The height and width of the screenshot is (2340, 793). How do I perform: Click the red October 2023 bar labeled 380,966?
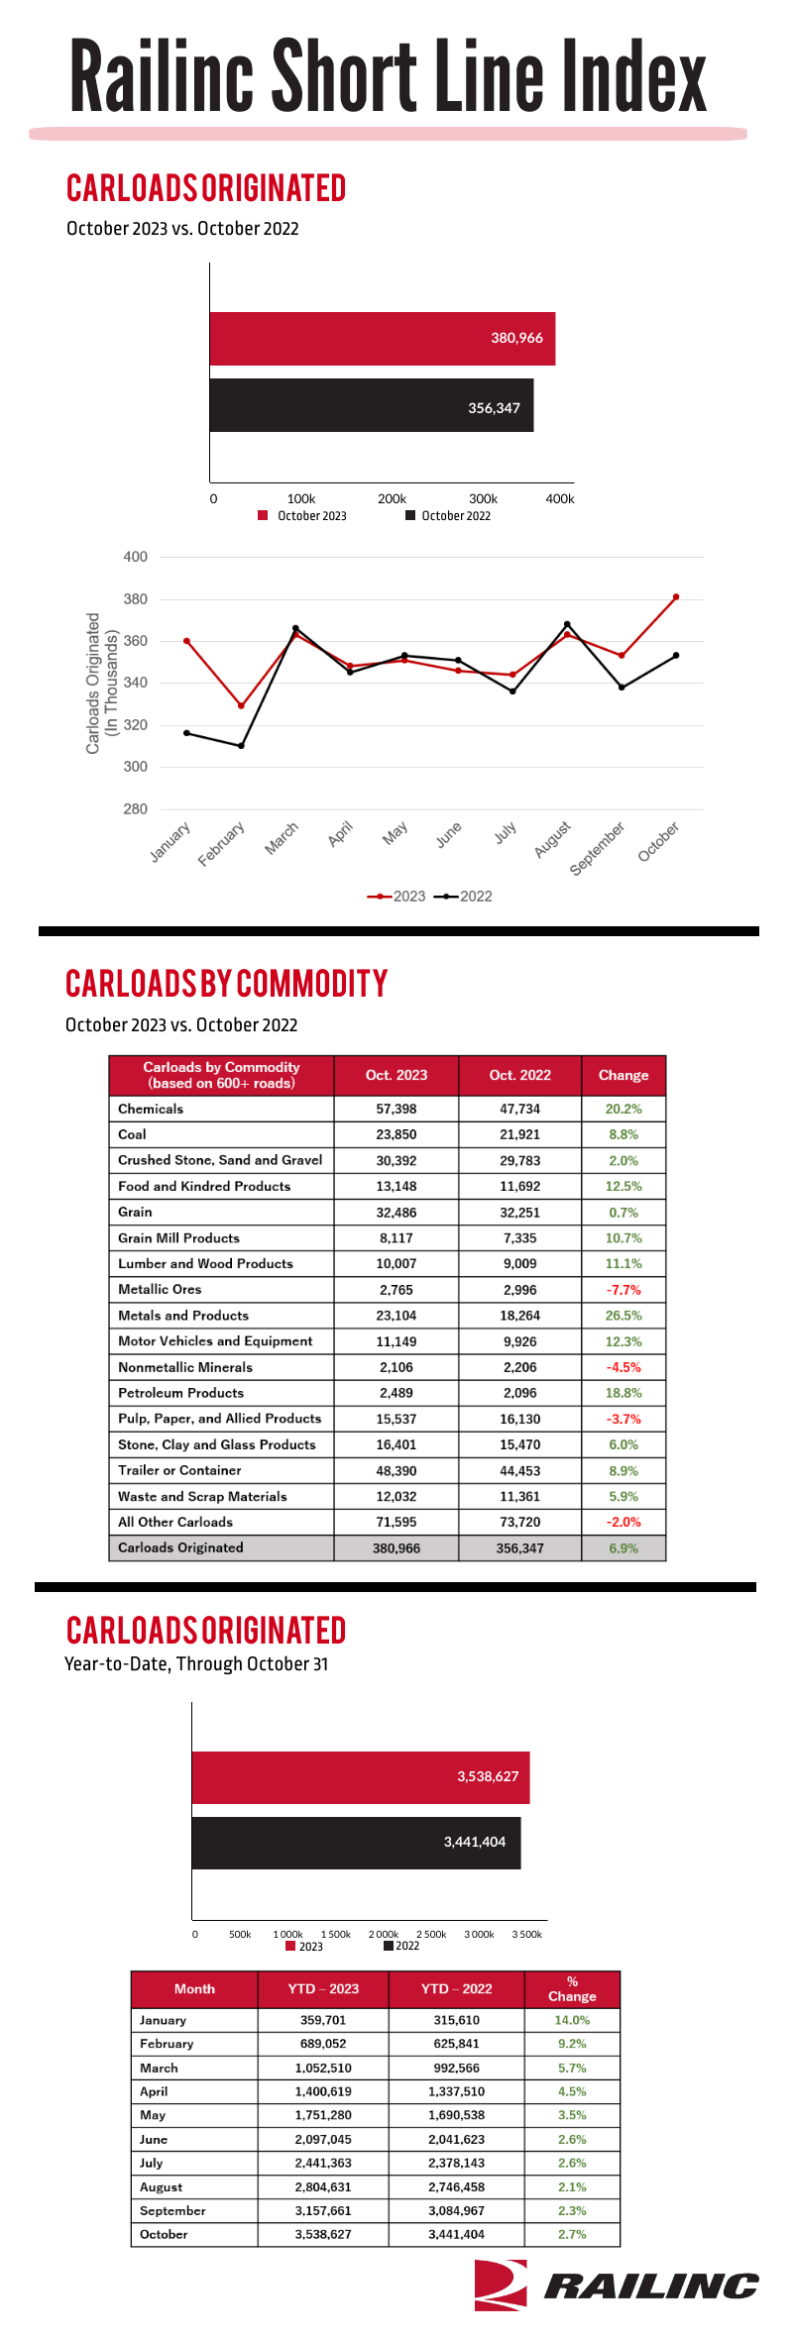coord(383,339)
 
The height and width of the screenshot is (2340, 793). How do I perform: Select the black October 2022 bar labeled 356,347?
coord(372,405)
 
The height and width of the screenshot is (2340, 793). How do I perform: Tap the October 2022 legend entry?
coord(448,516)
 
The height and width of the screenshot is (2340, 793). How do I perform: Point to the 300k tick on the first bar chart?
coord(483,499)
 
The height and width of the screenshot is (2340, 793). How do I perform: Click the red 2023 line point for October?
coord(676,597)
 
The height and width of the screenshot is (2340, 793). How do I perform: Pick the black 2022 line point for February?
coord(241,746)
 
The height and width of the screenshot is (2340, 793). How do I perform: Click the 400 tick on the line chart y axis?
coord(135,557)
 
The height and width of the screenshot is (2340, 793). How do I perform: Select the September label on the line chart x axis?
coord(598,849)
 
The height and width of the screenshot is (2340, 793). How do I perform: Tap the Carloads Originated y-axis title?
coord(102,684)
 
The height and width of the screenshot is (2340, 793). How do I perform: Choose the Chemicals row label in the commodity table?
coord(151,1109)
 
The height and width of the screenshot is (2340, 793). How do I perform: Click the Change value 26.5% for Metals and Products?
coord(623,1316)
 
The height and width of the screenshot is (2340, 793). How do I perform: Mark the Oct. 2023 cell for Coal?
coord(396,1134)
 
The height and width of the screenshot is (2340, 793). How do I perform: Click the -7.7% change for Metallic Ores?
coord(623,1290)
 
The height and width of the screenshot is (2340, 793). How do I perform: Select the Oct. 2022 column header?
coord(520,1075)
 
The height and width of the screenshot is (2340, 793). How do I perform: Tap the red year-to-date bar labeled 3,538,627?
coord(361,1777)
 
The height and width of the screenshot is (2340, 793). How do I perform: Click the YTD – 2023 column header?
coord(323,1988)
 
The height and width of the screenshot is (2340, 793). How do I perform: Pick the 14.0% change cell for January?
coord(572,2020)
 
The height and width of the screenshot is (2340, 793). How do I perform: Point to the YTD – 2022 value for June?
coord(457,2139)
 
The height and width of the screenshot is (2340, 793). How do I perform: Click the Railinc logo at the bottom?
coord(616,2285)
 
